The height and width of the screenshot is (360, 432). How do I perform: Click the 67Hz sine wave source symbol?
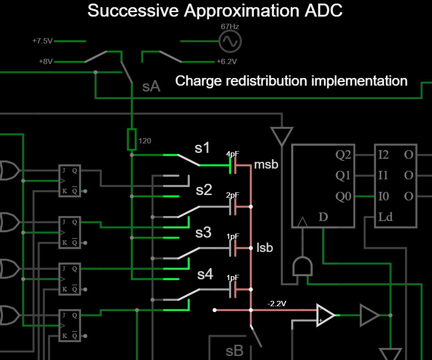tap(230, 42)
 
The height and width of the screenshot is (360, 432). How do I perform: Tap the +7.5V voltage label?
tap(42, 41)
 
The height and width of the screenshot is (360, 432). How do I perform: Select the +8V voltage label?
tap(45, 61)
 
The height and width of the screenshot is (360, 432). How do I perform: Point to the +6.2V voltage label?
tap(227, 61)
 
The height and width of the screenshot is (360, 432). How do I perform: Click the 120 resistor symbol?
tap(131, 139)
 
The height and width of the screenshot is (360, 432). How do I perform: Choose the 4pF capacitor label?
tap(232, 154)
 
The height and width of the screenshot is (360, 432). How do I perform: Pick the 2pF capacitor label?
tap(232, 195)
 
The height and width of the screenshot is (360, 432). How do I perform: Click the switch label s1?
tap(202, 148)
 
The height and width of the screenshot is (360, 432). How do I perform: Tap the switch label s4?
tap(205, 274)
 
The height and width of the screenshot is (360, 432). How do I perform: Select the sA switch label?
tap(151, 87)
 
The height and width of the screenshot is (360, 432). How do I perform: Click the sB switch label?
tap(234, 351)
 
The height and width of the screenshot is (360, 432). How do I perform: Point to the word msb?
tap(266, 165)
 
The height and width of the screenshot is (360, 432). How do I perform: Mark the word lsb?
tap(265, 247)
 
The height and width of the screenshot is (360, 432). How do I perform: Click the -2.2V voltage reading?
tap(276, 304)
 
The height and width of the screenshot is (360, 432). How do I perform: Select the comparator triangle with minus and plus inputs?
tap(325, 315)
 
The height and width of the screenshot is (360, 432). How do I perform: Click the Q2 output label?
tap(344, 156)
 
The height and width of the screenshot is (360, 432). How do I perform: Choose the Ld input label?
tap(385, 217)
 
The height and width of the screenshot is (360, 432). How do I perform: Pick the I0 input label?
tap(384, 196)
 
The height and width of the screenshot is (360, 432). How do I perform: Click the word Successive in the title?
tap(133, 10)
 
